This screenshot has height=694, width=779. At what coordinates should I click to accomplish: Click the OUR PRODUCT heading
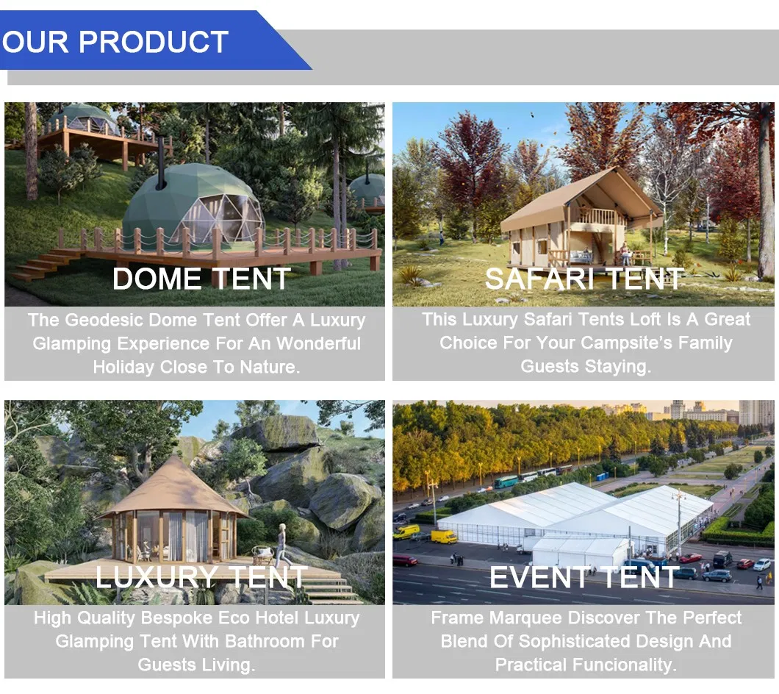tap(115, 41)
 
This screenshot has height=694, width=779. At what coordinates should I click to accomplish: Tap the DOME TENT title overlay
tap(201, 279)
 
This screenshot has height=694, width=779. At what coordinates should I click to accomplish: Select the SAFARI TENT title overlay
tap(584, 279)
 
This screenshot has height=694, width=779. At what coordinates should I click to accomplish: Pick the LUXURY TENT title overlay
tap(201, 577)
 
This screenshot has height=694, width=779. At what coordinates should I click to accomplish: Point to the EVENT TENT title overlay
tap(584, 577)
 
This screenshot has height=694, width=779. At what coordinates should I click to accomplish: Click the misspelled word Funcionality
tap(624, 665)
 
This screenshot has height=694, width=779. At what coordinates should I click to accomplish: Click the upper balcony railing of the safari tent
tap(602, 216)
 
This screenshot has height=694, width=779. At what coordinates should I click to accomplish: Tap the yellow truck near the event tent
tap(444, 537)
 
